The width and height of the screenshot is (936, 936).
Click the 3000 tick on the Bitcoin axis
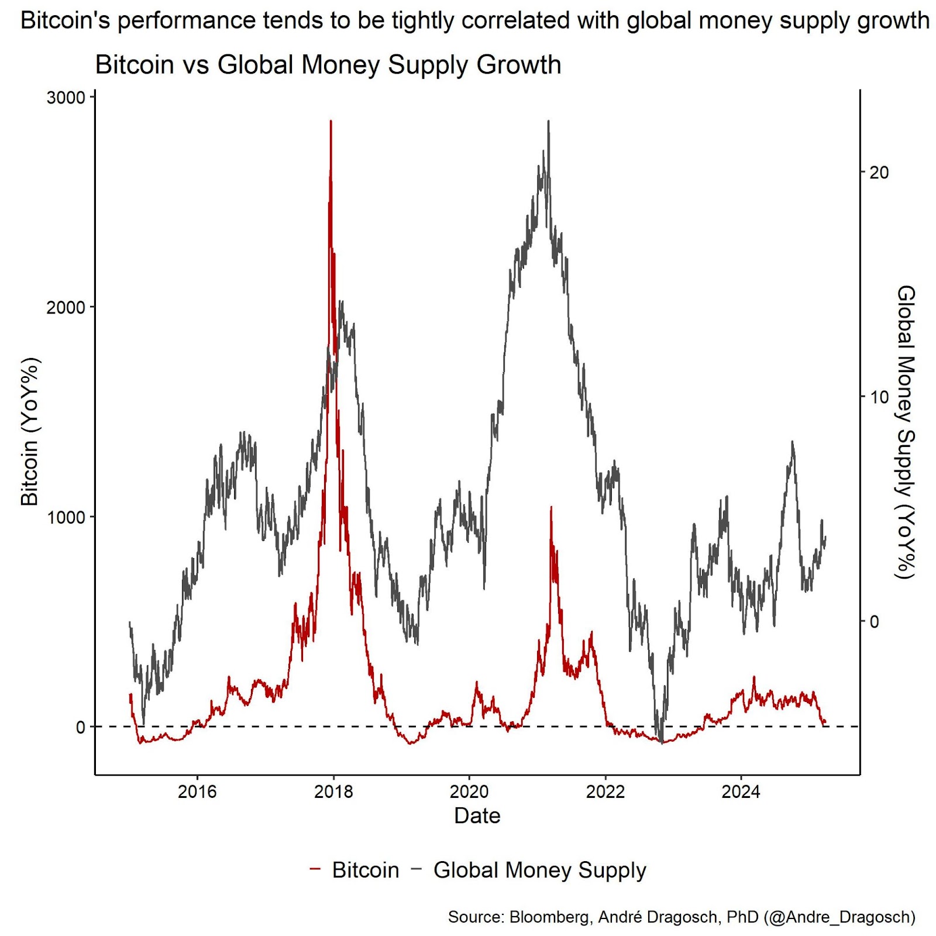[66, 97]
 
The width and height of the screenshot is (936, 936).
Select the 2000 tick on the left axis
[66, 307]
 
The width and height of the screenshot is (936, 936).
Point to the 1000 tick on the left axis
[66, 517]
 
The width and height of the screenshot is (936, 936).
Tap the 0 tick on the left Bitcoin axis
[81, 727]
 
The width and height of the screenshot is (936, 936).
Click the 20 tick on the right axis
[879, 173]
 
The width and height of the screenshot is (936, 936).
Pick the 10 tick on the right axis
[879, 397]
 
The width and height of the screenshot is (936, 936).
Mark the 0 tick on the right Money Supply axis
[874, 621]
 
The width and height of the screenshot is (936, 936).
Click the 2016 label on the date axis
[197, 792]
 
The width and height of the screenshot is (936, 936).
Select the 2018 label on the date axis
[333, 792]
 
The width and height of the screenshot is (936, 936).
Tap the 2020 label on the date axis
[469, 792]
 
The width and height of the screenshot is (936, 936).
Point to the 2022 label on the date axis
[605, 792]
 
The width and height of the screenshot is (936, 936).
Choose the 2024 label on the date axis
[741, 792]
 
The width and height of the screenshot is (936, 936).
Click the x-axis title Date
[477, 816]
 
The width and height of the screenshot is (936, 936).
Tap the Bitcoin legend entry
[365, 870]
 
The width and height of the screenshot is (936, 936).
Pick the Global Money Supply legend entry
[539, 870]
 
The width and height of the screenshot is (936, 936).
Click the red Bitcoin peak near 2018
[331, 122]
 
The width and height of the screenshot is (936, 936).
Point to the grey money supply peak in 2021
[548, 122]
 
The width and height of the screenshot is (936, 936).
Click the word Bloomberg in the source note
[549, 917]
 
